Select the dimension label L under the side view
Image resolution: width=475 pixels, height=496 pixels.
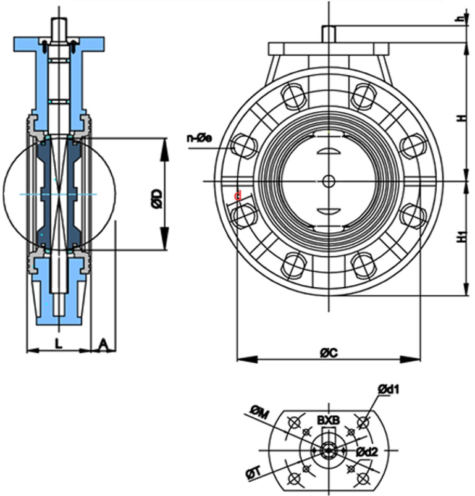pos(59,344)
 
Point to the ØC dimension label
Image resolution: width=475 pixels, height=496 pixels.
pos(328,352)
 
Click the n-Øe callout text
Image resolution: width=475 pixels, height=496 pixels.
pos(200,138)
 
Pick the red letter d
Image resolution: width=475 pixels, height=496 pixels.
pos(237,196)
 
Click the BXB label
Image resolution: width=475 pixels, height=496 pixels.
pos(328,420)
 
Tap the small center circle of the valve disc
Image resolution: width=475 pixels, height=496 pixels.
pos(329,181)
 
